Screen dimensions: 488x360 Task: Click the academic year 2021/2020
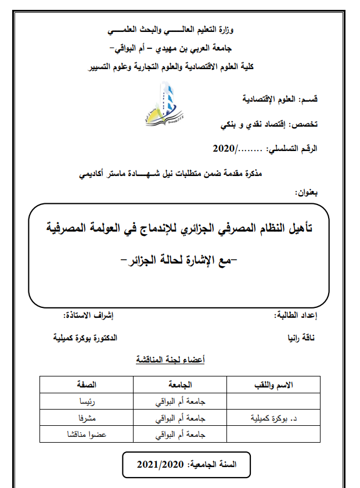(x=184, y=465)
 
